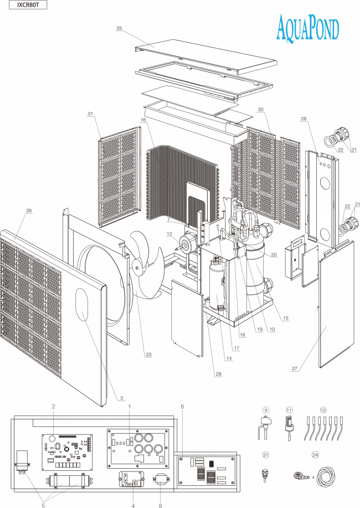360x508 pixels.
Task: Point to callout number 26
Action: point(29,211)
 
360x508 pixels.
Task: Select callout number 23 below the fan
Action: point(148,355)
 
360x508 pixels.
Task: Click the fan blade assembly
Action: point(145,263)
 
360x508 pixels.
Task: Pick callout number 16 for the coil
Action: point(143,120)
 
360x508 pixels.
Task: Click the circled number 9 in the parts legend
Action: point(265,409)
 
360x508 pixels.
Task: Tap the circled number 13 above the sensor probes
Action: point(323,409)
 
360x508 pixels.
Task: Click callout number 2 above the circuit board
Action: point(53,407)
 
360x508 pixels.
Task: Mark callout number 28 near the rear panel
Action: point(304,119)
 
